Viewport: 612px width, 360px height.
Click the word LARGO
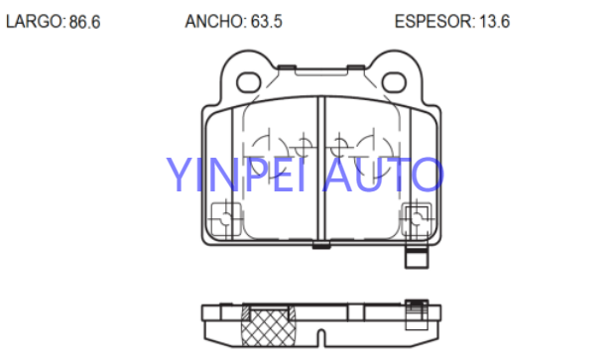coord(34,22)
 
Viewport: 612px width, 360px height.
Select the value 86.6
coord(84,22)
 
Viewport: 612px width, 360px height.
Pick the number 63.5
coord(266,22)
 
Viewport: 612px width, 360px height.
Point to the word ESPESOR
coord(434,22)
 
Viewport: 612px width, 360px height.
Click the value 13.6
coord(494,22)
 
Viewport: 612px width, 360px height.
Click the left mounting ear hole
coord(249,82)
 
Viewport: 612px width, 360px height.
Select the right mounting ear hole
coord(394,82)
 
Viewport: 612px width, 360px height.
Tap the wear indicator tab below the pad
coord(417,258)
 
